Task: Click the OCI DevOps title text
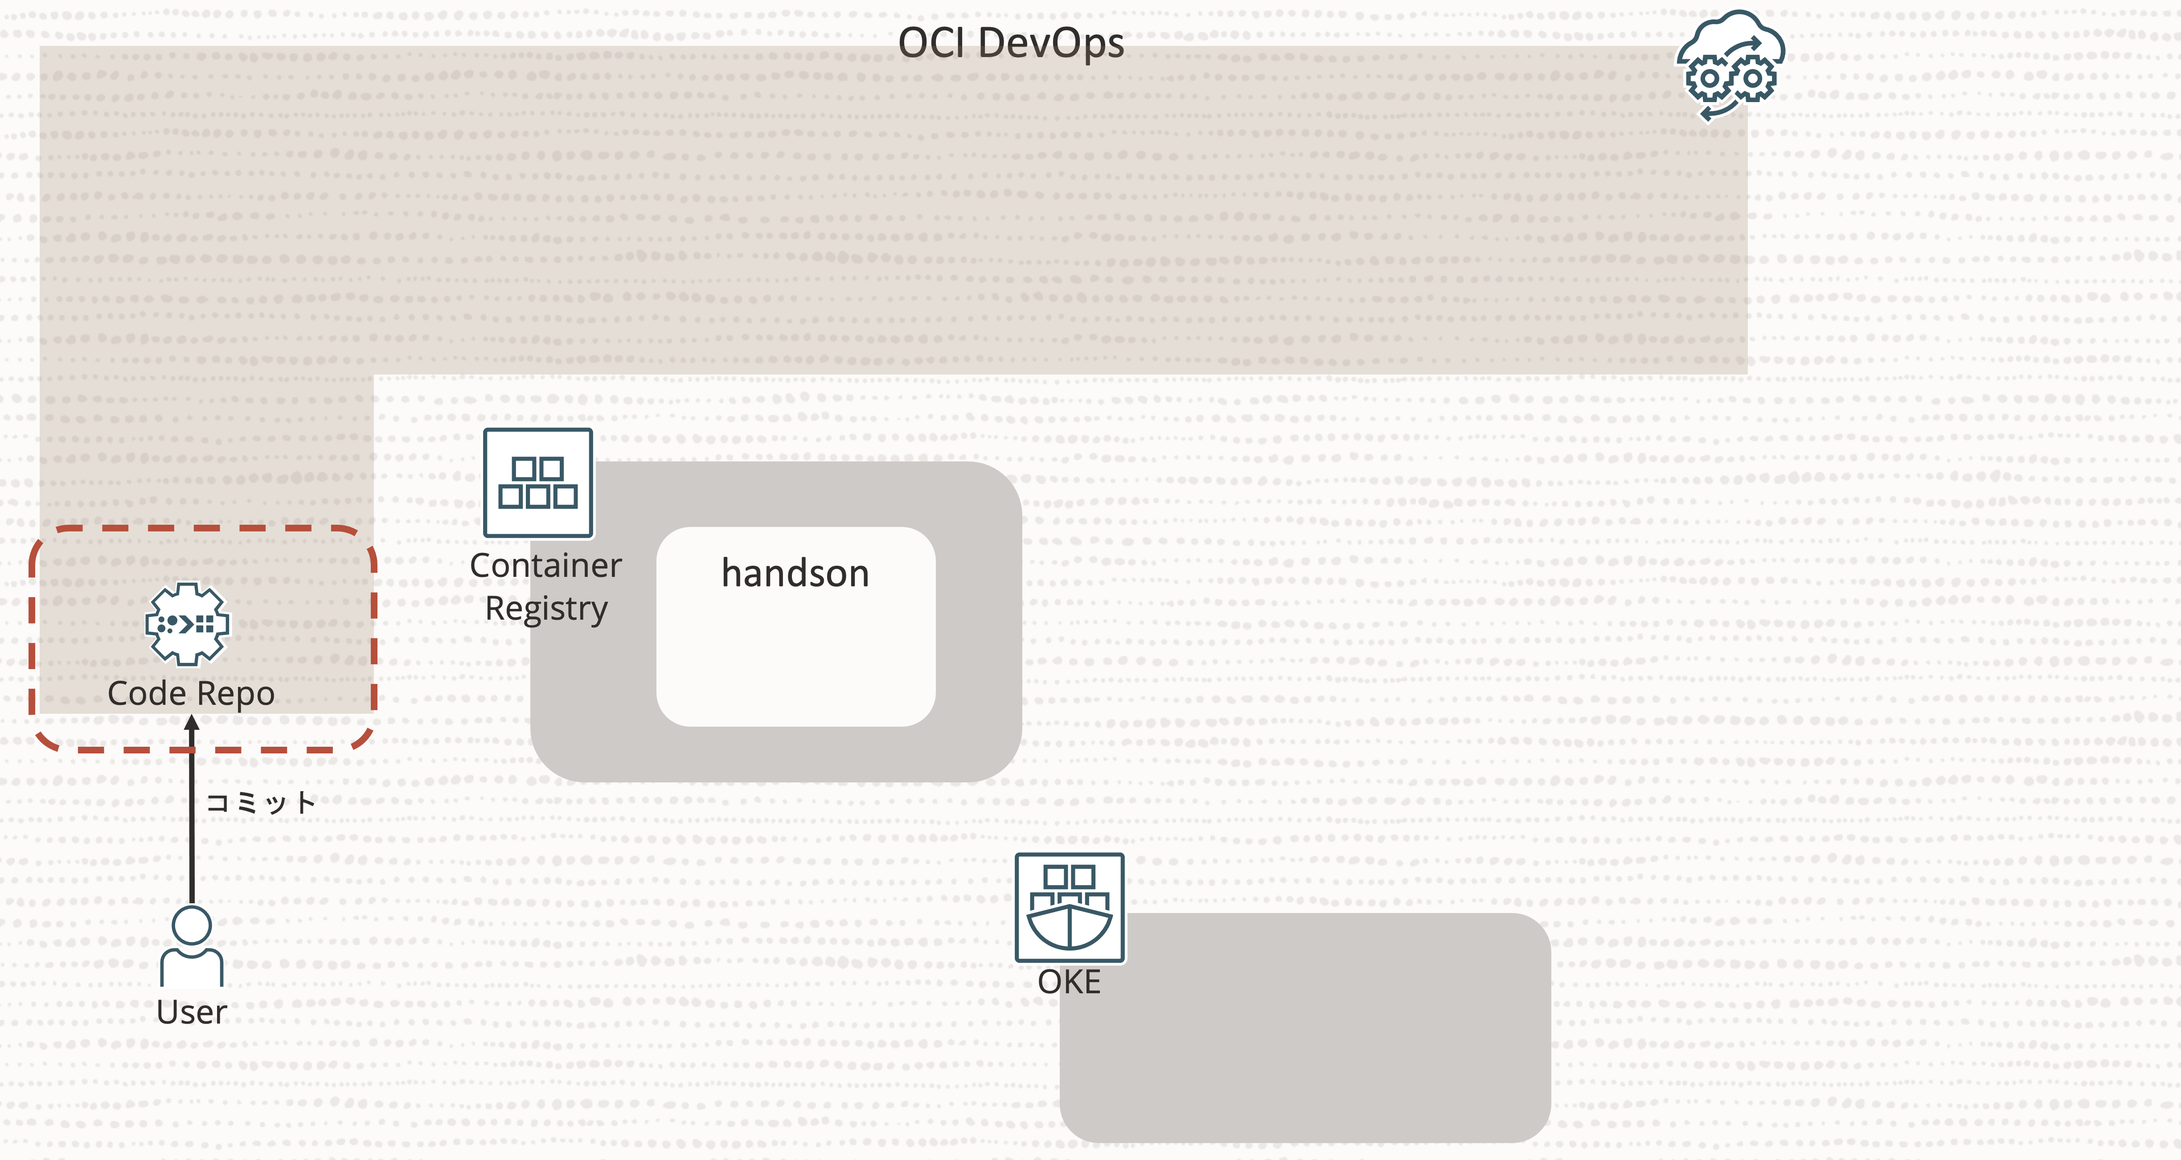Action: (x=1010, y=42)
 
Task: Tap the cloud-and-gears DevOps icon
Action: (x=1730, y=66)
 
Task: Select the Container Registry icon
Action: (x=537, y=483)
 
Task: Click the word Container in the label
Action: (x=545, y=566)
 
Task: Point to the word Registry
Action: (x=546, y=609)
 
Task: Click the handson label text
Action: (x=795, y=573)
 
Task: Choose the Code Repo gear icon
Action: (x=187, y=624)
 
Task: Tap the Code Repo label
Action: (x=191, y=694)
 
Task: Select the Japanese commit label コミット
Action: (x=261, y=802)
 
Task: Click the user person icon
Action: (x=191, y=946)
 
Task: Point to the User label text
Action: (x=191, y=1012)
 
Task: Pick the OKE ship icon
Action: (x=1070, y=907)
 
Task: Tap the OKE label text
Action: (x=1070, y=982)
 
